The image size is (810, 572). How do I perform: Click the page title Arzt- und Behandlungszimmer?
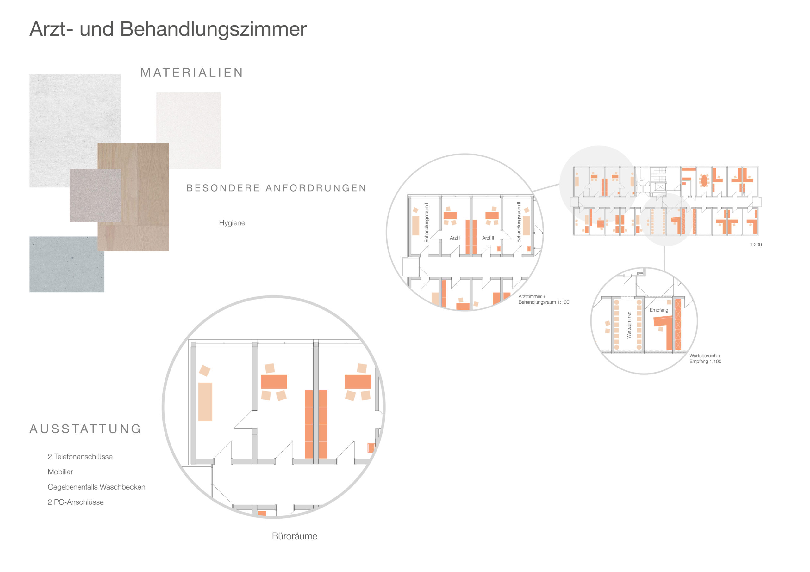tap(168, 29)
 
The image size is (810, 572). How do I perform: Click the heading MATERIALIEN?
tap(192, 73)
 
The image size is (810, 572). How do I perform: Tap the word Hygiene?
tap(232, 223)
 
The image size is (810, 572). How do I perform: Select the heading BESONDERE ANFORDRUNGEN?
tap(276, 188)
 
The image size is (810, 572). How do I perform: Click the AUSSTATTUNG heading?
tap(85, 429)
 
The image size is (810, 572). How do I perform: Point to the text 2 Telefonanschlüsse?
tap(80, 456)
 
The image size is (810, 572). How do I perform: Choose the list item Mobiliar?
tap(60, 472)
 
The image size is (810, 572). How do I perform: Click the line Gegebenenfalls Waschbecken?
tap(96, 487)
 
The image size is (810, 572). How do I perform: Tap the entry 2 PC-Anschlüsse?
tap(76, 502)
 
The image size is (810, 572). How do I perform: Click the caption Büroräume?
tap(295, 536)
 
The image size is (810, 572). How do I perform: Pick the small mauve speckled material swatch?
tap(95, 195)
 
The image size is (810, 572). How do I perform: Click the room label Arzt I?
tap(455, 238)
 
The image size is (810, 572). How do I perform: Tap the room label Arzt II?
tap(488, 238)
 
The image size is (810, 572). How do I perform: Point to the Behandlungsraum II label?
tap(519, 222)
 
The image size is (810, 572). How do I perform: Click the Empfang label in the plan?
tap(659, 310)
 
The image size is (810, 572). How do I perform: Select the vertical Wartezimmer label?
tap(629, 325)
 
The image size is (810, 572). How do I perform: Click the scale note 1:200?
tap(756, 245)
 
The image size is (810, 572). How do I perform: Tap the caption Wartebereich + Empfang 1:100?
tap(705, 358)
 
